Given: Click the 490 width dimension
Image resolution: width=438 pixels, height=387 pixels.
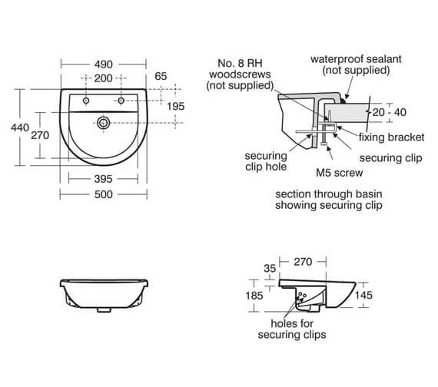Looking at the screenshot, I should click(103, 66).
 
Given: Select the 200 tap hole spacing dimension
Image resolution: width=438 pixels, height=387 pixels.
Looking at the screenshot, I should click(103, 78).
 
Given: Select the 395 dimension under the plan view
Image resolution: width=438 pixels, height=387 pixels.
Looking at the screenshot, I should click(103, 178).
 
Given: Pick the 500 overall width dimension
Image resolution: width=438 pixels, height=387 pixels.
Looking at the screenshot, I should click(103, 194).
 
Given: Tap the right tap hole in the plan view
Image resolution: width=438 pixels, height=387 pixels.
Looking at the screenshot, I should click(121, 101).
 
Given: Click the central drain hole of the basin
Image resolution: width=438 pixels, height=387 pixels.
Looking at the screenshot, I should click(104, 122).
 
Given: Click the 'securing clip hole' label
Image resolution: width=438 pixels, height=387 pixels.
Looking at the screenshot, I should click(267, 159).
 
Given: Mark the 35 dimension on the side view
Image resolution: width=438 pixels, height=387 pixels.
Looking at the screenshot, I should click(268, 268).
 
